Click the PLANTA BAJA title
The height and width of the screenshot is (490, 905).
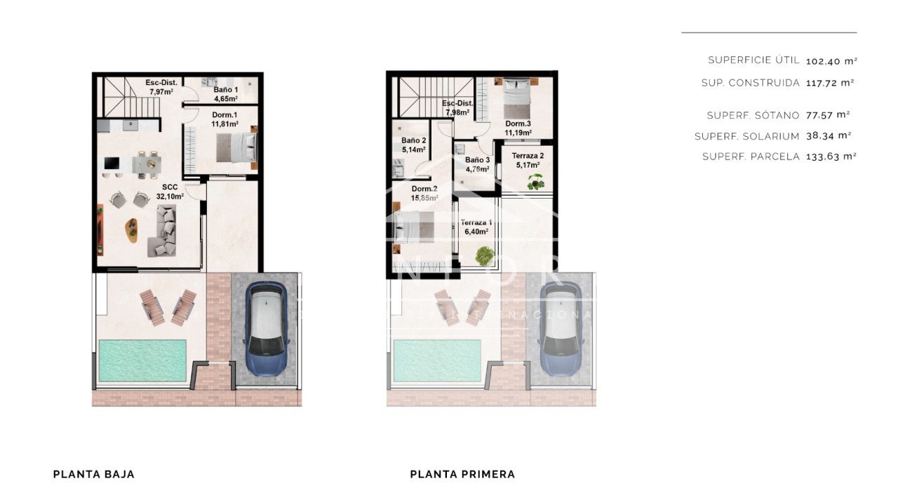pyautogui.click(x=93, y=474)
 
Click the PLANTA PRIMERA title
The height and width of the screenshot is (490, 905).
pyautogui.click(x=462, y=474)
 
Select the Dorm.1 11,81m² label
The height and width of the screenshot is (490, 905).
pyautogui.click(x=224, y=119)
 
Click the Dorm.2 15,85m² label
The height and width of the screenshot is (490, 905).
pyautogui.click(x=424, y=193)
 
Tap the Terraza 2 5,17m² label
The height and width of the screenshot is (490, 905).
pyautogui.click(x=527, y=160)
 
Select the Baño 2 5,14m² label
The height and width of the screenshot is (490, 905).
pyautogui.click(x=414, y=145)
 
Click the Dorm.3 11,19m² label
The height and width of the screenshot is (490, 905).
pyautogui.click(x=518, y=128)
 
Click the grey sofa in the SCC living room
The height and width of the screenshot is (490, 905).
pyautogui.click(x=163, y=232)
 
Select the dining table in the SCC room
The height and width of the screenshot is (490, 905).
pyautogui.click(x=147, y=163)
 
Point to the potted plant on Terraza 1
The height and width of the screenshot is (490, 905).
pyautogui.click(x=483, y=256)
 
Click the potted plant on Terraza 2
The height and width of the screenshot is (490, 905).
pyautogui.click(x=537, y=182)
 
